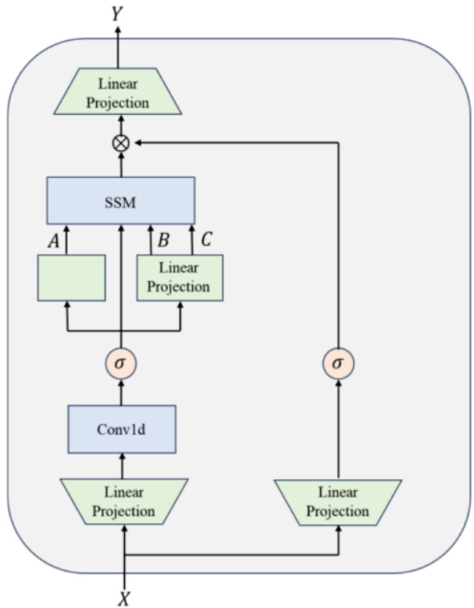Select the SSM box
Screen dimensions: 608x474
pyautogui.click(x=120, y=200)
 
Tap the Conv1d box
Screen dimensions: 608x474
pyautogui.click(x=122, y=428)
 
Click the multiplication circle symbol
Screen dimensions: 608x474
pyautogui.click(x=120, y=142)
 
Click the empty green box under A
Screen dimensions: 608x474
pyautogui.click(x=71, y=277)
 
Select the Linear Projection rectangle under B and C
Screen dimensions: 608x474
pyautogui.click(x=179, y=277)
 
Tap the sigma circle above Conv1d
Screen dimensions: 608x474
pyautogui.click(x=121, y=362)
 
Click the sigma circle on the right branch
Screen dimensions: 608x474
pyautogui.click(x=338, y=362)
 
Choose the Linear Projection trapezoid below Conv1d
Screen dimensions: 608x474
pyautogui.click(x=123, y=501)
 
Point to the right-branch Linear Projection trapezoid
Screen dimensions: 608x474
pyautogui.click(x=338, y=501)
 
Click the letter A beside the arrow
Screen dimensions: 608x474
pyautogui.click(x=54, y=240)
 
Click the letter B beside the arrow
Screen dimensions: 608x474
pyautogui.click(x=163, y=240)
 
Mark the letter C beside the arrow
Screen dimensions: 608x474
pyautogui.click(x=206, y=240)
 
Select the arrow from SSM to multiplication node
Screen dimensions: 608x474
pyautogui.click(x=120, y=164)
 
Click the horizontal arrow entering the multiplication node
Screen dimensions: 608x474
pyautogui.click(x=231, y=142)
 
